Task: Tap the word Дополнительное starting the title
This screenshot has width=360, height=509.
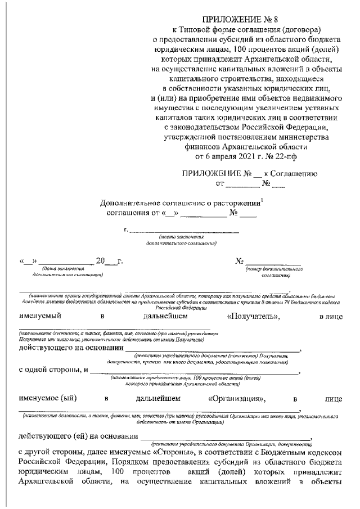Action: coord(127,203)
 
